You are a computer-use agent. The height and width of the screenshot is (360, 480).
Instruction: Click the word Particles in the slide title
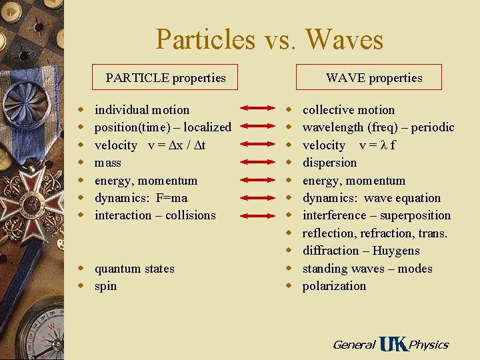205,39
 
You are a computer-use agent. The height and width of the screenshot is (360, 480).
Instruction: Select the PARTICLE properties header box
165,78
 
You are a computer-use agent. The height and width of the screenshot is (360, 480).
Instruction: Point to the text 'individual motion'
142,110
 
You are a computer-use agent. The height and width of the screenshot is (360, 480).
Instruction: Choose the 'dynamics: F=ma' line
141,198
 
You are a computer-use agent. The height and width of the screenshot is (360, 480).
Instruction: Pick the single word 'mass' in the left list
108,163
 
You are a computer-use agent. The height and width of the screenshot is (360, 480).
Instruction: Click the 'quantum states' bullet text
135,269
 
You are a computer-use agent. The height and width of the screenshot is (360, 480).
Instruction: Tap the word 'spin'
106,286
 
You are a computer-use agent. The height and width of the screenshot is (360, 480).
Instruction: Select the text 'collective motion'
349,110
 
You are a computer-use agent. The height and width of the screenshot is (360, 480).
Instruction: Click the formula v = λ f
377,145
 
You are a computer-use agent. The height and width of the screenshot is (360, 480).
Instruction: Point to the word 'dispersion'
330,163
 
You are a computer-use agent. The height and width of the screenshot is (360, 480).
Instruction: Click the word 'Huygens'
397,251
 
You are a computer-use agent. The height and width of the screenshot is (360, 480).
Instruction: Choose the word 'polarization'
335,286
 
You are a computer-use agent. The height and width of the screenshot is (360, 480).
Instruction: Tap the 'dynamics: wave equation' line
371,198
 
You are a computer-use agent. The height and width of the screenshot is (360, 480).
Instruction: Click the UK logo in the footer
393,344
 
